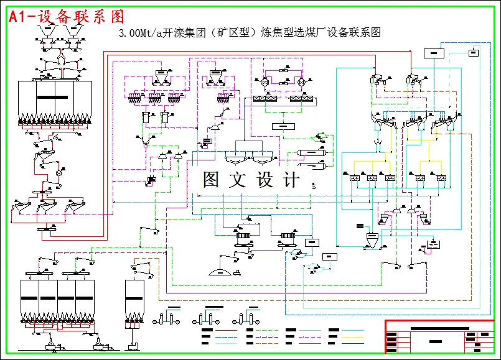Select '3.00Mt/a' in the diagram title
coord(138,34)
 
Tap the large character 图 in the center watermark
coord(213,180)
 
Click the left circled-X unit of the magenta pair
coord(265,82)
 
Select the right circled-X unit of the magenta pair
coord(302,82)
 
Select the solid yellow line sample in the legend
coord(352,337)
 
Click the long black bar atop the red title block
coord(439,328)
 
